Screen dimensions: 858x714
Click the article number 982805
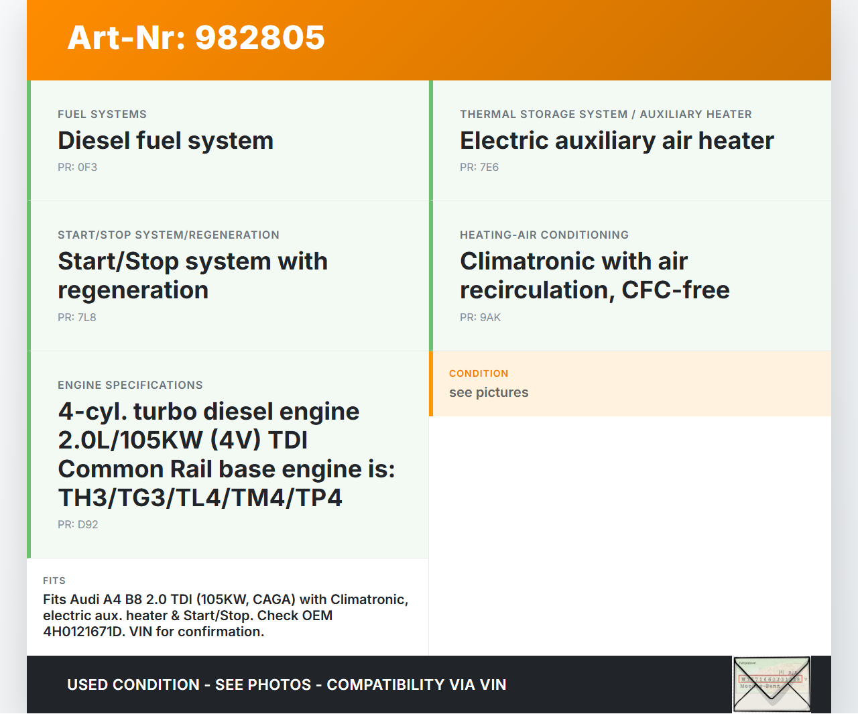tap(259, 38)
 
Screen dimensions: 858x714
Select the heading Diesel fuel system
tap(166, 141)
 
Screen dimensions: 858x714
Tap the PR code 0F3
tap(88, 168)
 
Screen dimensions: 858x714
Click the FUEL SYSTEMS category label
tap(102, 114)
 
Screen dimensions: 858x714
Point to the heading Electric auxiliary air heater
tap(617, 141)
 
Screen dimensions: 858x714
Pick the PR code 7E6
tap(489, 168)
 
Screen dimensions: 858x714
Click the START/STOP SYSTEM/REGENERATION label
tap(168, 235)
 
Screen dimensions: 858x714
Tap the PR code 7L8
tap(86, 317)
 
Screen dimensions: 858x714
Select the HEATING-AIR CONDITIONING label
tap(544, 235)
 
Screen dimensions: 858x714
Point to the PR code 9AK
tap(490, 317)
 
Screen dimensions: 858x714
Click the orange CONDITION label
tap(479, 373)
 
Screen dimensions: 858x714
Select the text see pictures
tap(489, 393)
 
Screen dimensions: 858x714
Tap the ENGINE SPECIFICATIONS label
tap(130, 385)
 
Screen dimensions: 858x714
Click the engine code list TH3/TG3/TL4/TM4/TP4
tap(200, 497)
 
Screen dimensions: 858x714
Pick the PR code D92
tap(88, 524)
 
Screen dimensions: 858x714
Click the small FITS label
tap(54, 581)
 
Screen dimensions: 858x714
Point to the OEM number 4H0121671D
tap(84, 632)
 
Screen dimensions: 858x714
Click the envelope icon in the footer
tap(772, 684)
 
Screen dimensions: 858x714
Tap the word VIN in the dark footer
tap(493, 685)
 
